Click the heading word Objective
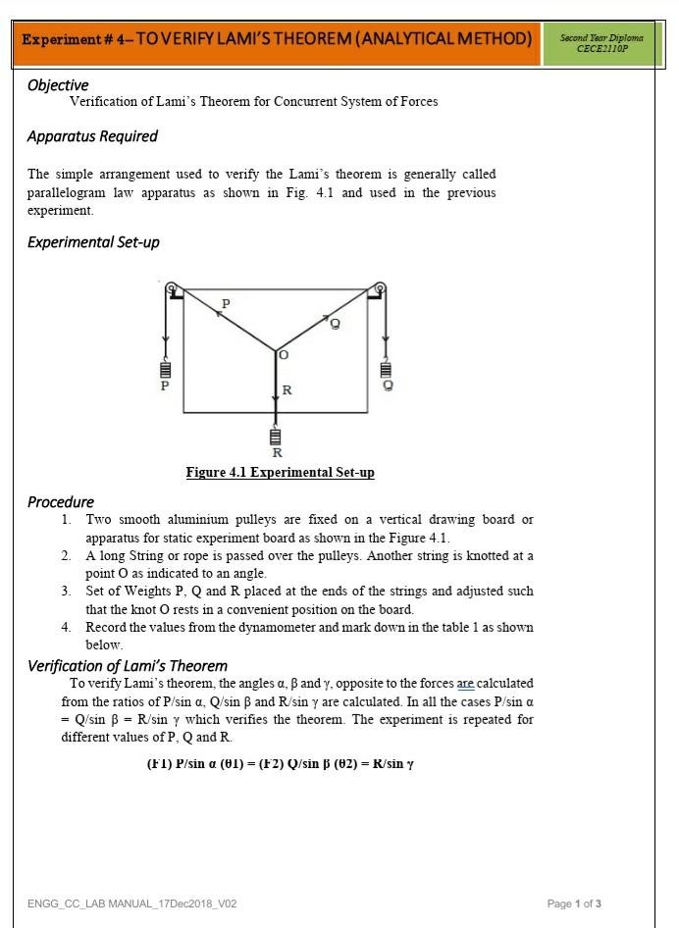click(58, 85)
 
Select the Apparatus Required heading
click(92, 136)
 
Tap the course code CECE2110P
click(601, 48)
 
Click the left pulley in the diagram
click(172, 288)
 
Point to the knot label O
click(284, 354)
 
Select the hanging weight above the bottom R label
click(276, 436)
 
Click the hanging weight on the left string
click(165, 371)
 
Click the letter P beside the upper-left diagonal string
click(226, 305)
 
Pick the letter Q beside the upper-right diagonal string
click(335, 326)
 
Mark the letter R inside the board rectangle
click(287, 390)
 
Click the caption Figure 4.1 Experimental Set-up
click(280, 473)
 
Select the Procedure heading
click(61, 502)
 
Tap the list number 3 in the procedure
click(66, 592)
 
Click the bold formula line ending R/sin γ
click(280, 764)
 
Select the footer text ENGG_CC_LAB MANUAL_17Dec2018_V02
click(131, 903)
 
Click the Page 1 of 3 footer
click(574, 903)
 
